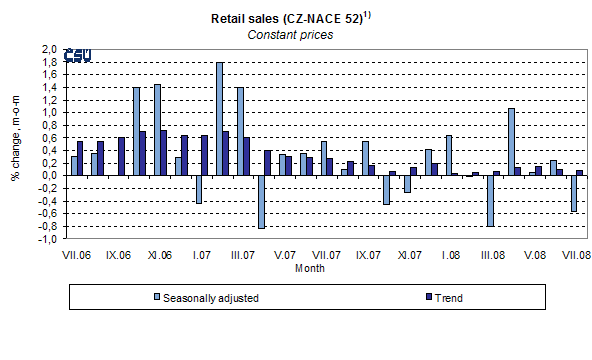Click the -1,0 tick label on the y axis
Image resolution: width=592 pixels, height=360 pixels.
coord(47,238)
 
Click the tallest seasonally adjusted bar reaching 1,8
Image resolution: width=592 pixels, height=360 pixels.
coord(220,118)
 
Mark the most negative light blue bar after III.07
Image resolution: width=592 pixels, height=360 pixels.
coord(261,201)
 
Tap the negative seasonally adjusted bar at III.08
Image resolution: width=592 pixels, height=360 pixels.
coord(491,200)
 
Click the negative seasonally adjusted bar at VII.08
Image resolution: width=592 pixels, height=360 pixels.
coord(574,193)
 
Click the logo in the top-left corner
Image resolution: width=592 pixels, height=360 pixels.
coord(77,55)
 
